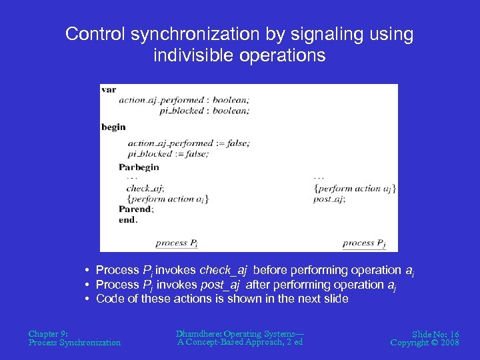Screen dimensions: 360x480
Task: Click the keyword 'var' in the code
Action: (x=109, y=89)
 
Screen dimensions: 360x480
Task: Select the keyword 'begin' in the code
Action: (x=113, y=127)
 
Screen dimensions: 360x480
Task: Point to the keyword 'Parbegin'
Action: (x=139, y=167)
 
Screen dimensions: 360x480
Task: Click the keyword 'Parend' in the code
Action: (x=135, y=209)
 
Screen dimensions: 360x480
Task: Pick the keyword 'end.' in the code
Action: (x=128, y=219)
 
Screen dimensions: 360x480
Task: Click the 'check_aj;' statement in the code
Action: (x=146, y=188)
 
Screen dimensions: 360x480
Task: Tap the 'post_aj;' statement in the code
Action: (x=329, y=199)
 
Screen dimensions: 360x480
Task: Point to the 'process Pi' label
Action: (x=176, y=243)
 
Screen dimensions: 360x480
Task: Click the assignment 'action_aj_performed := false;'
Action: (x=188, y=143)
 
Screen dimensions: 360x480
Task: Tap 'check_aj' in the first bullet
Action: (x=223, y=270)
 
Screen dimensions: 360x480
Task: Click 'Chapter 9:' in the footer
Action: (x=48, y=333)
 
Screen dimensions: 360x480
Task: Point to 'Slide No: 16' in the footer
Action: (x=435, y=333)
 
